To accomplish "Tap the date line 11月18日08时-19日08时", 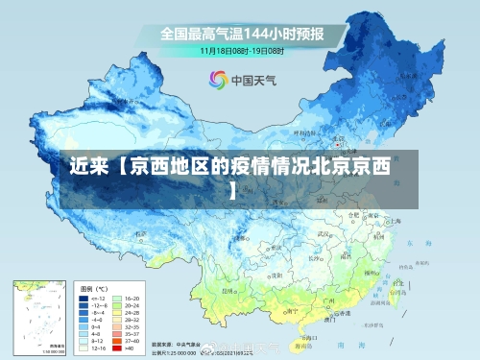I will tap(242, 49).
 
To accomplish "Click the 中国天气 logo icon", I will tap(216, 80).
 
